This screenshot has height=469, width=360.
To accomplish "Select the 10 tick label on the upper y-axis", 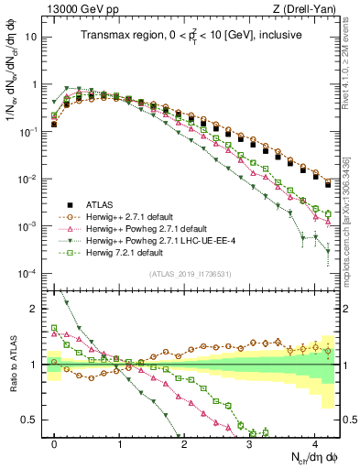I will click(x=32, y=38).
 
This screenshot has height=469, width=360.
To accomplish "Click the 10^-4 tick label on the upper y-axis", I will click(x=29, y=273).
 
